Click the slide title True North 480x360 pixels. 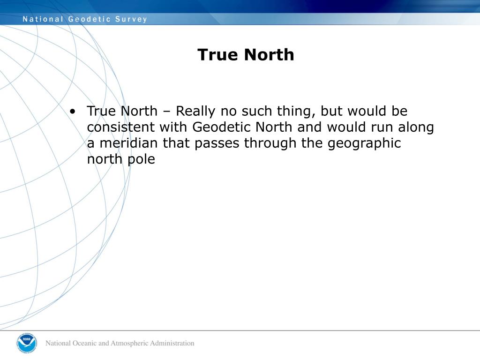(x=246, y=55)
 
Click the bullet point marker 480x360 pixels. (x=73, y=112)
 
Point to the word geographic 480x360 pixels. (x=364, y=143)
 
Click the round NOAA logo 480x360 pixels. (x=26, y=343)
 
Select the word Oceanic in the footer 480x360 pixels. (x=84, y=343)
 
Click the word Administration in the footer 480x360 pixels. (x=172, y=343)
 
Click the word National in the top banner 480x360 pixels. (x=43, y=19)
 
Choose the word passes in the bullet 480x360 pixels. (x=217, y=143)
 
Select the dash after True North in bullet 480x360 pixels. (x=167, y=112)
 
